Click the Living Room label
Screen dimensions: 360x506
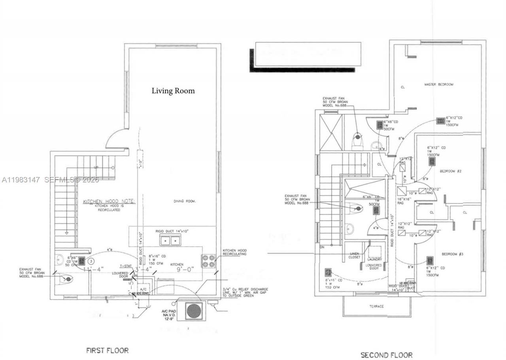(173, 91)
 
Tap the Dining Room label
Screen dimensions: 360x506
(185, 201)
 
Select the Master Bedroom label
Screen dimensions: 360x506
(439, 85)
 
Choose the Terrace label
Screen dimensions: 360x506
(376, 306)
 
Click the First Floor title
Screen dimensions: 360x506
(107, 350)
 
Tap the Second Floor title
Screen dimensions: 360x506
(386, 355)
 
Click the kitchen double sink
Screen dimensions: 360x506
(170, 240)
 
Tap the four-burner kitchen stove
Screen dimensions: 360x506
(209, 261)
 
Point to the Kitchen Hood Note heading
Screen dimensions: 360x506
(109, 202)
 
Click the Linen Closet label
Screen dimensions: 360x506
(354, 255)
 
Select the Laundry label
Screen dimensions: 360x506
(374, 260)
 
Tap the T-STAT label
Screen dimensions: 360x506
(126, 266)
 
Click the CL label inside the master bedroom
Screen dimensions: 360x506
(403, 87)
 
